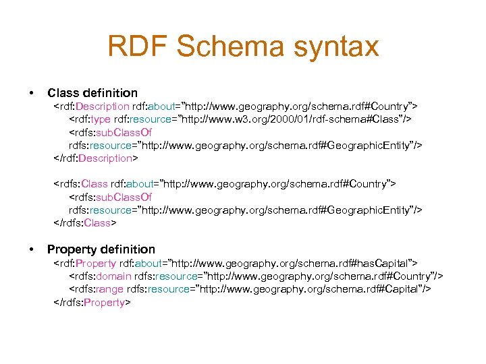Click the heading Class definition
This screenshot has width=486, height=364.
(x=92, y=93)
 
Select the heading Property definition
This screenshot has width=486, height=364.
(x=101, y=249)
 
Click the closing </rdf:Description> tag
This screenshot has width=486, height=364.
(x=96, y=158)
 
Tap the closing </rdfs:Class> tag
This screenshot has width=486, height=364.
(x=85, y=223)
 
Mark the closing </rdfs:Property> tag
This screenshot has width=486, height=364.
(x=92, y=303)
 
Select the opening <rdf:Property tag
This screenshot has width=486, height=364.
(x=84, y=263)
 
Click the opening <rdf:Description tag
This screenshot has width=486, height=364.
(x=92, y=107)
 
